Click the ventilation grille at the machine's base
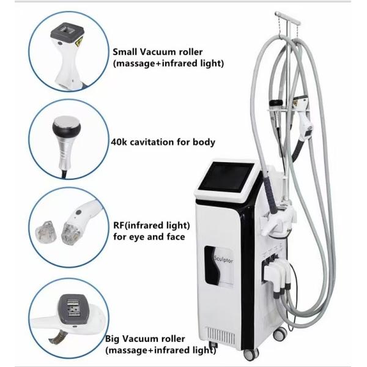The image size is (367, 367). tap(222, 335)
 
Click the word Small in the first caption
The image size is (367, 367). tap(124, 52)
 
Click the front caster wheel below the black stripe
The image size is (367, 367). tap(249, 354)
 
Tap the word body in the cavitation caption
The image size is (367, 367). tap(202, 143)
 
